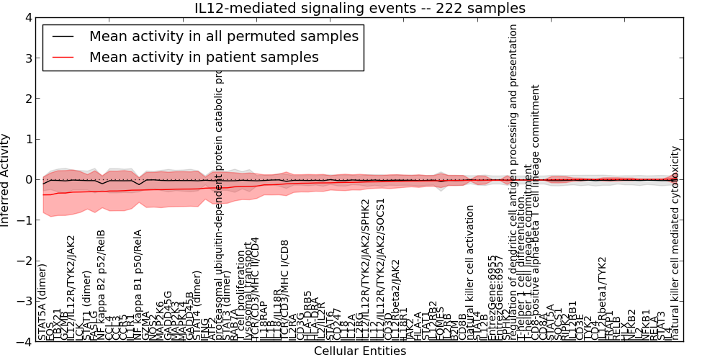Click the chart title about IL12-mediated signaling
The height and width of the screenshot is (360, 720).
coord(360,8)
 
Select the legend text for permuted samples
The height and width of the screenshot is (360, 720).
coord(223,36)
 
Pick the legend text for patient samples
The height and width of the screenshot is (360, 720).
coord(204,57)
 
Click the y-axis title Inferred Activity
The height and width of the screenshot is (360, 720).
coord(6,180)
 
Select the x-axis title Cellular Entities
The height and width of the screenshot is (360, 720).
coord(360,351)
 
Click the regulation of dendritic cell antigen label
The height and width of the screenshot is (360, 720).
coord(513,180)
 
